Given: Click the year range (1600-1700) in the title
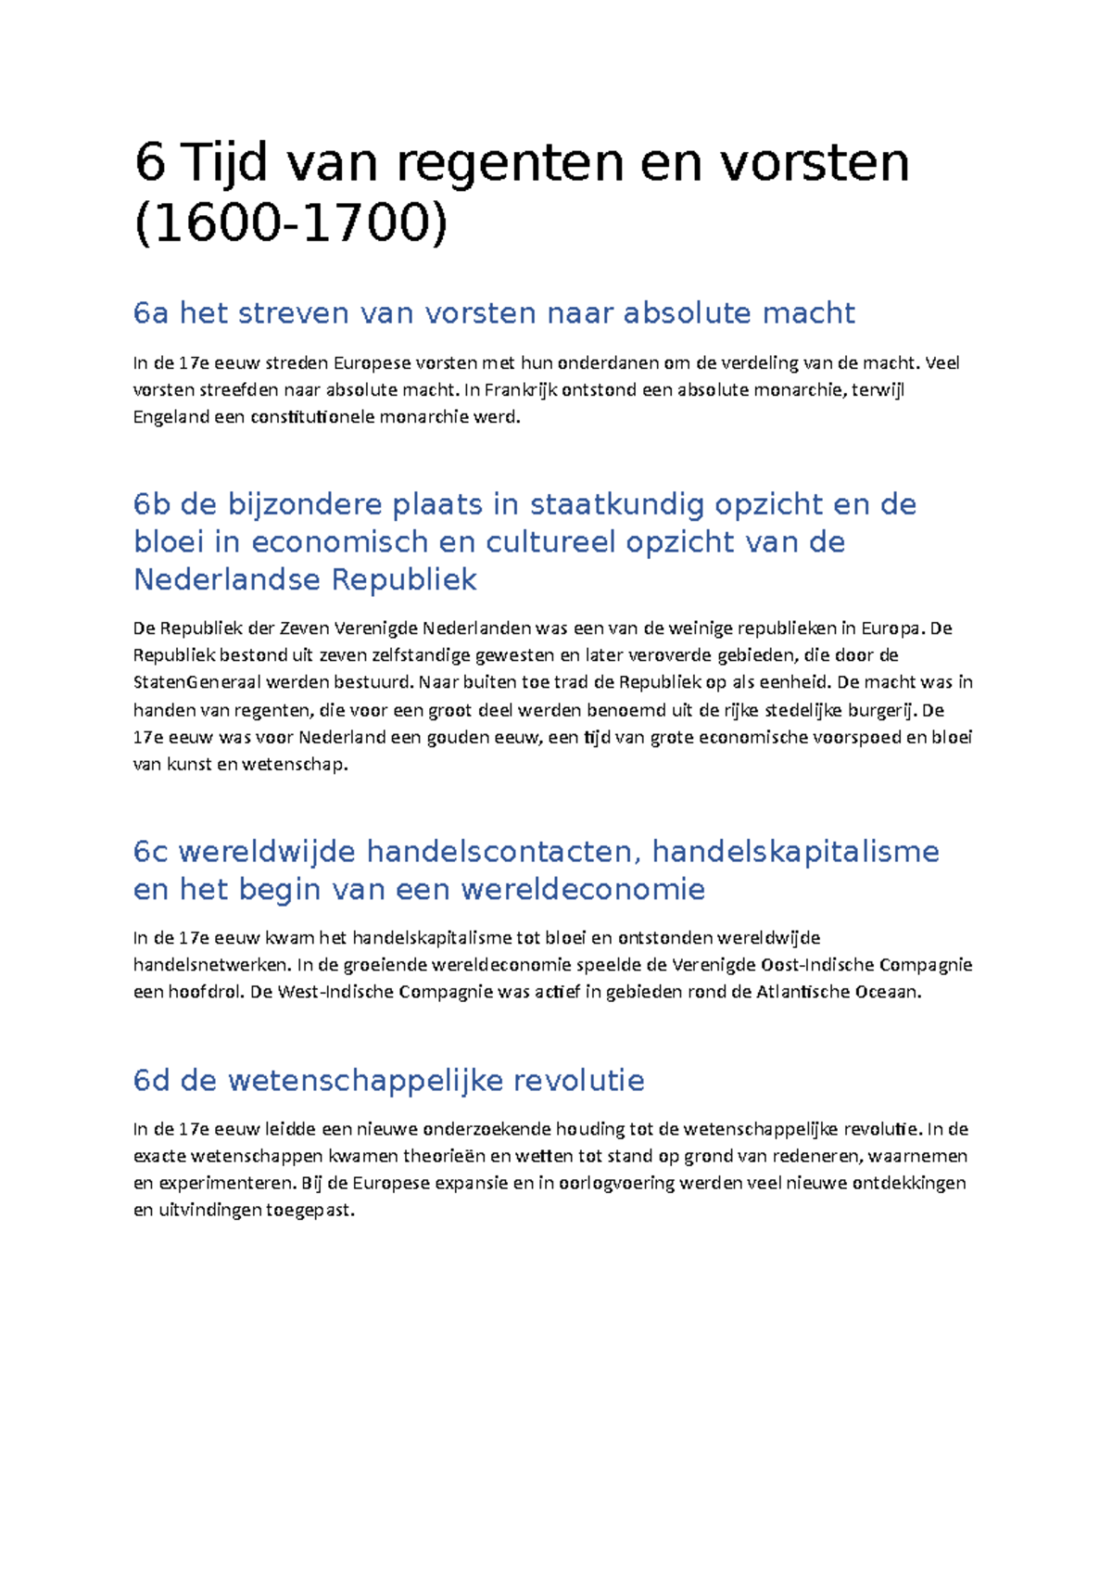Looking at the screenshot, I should (x=291, y=223).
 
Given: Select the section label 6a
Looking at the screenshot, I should (x=150, y=313).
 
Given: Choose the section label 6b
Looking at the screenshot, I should (x=152, y=504).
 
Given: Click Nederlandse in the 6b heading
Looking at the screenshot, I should (x=228, y=580).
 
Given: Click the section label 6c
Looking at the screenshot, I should (x=150, y=852).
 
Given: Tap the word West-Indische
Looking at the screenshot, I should (x=335, y=992).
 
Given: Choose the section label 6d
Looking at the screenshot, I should (x=152, y=1081).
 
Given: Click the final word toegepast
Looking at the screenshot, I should (x=310, y=1211).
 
